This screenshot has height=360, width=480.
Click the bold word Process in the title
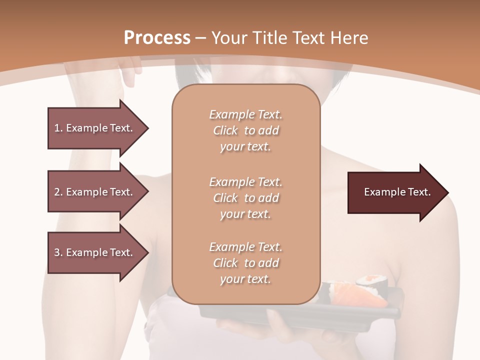coord(157,38)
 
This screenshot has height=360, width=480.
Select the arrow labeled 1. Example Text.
coord(95,128)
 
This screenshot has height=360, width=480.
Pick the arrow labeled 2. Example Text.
coord(95,192)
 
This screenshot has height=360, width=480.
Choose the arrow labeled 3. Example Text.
coord(95,252)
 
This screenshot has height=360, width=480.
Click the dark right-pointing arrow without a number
coord(395,192)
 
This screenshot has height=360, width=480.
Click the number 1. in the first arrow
coord(58,128)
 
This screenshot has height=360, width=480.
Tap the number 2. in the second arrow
coord(58,192)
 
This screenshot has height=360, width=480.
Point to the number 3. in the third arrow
coord(58,252)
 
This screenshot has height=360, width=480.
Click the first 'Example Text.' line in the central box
coord(245,114)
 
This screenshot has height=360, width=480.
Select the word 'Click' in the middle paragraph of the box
coord(225,198)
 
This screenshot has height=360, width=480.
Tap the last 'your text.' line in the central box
coord(245,279)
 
